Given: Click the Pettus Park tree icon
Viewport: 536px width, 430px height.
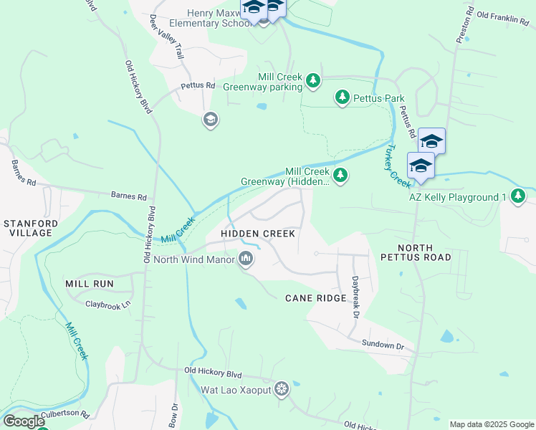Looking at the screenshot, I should pyautogui.click(x=343, y=97).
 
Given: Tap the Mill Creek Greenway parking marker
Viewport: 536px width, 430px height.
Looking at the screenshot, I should pyautogui.click(x=313, y=81).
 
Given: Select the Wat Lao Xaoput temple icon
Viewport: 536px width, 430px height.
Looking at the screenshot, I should pyautogui.click(x=282, y=389).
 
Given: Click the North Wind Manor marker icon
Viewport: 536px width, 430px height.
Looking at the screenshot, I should pyautogui.click(x=246, y=259).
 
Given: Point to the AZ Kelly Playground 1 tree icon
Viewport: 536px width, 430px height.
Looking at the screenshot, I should pyautogui.click(x=518, y=196).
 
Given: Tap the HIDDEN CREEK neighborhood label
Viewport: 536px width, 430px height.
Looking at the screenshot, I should pyautogui.click(x=258, y=234).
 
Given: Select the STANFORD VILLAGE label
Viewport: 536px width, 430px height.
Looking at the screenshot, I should pyautogui.click(x=28, y=228).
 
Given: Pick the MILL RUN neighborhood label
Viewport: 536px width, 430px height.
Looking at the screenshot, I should pyautogui.click(x=90, y=284).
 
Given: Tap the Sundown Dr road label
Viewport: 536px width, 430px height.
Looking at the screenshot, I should pyautogui.click(x=383, y=345).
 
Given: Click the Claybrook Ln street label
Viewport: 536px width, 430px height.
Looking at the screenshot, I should pyautogui.click(x=108, y=305).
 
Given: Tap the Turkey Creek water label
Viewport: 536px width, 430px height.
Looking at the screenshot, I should pyautogui.click(x=393, y=166).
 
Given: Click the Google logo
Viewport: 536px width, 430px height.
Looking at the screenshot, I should pyautogui.click(x=23, y=421).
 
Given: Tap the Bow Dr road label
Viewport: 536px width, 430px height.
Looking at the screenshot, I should pyautogui.click(x=173, y=415).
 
